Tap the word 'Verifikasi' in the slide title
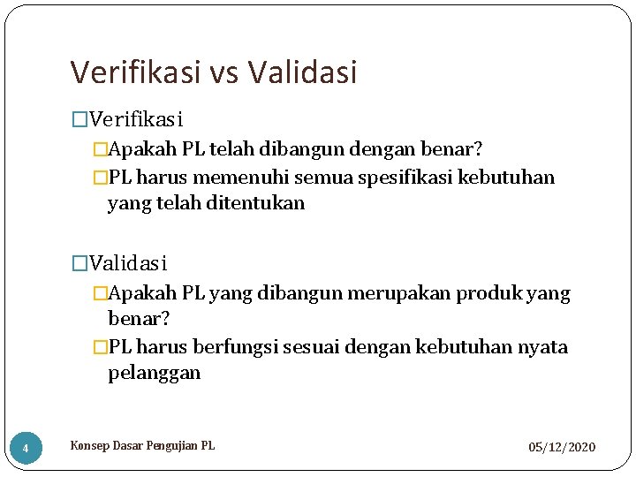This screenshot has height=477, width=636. tap(136, 72)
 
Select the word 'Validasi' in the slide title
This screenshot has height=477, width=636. tap(303, 72)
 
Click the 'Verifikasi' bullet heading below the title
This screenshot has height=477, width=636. tap(136, 118)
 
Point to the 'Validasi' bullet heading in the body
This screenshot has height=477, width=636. tap(128, 263)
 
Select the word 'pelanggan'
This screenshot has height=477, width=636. tap(154, 373)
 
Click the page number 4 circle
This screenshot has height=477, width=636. tap(26, 449)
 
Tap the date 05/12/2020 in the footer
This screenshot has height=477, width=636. tap(562, 448)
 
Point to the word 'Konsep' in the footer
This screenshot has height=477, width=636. tap(89, 446)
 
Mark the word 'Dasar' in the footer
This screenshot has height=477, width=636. tap(125, 446)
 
